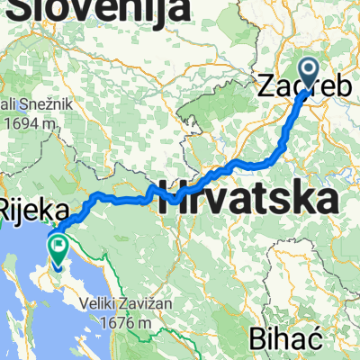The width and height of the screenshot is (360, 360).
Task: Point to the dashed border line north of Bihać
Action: (279, 306)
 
